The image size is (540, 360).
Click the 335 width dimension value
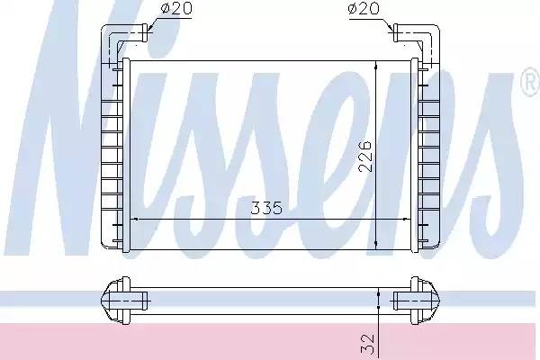266,208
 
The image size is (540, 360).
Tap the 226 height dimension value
365,156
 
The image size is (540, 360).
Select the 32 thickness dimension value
367,344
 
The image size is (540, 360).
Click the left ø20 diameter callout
175,9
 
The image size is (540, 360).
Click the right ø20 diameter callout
364,9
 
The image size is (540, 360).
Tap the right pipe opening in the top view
395,33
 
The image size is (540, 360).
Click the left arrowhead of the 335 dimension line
135,219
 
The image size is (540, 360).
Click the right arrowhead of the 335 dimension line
407,219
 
